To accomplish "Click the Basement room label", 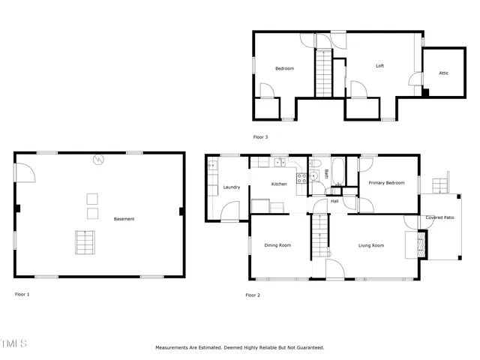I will click(x=124, y=219).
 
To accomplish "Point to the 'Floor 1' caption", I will click(x=22, y=294).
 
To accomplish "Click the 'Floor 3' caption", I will click(x=260, y=136).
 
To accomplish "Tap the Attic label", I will click(x=443, y=73).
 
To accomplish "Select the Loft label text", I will click(x=379, y=66).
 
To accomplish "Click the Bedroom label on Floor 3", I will click(x=284, y=69).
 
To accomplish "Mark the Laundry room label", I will click(x=232, y=187).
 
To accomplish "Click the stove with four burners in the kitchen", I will click(x=301, y=178).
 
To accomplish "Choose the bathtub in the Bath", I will click(x=337, y=172).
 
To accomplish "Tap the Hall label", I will click(x=334, y=201).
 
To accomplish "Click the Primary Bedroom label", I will click(x=386, y=183).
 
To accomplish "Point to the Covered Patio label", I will click(x=439, y=217).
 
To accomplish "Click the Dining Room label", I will click(x=277, y=245).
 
